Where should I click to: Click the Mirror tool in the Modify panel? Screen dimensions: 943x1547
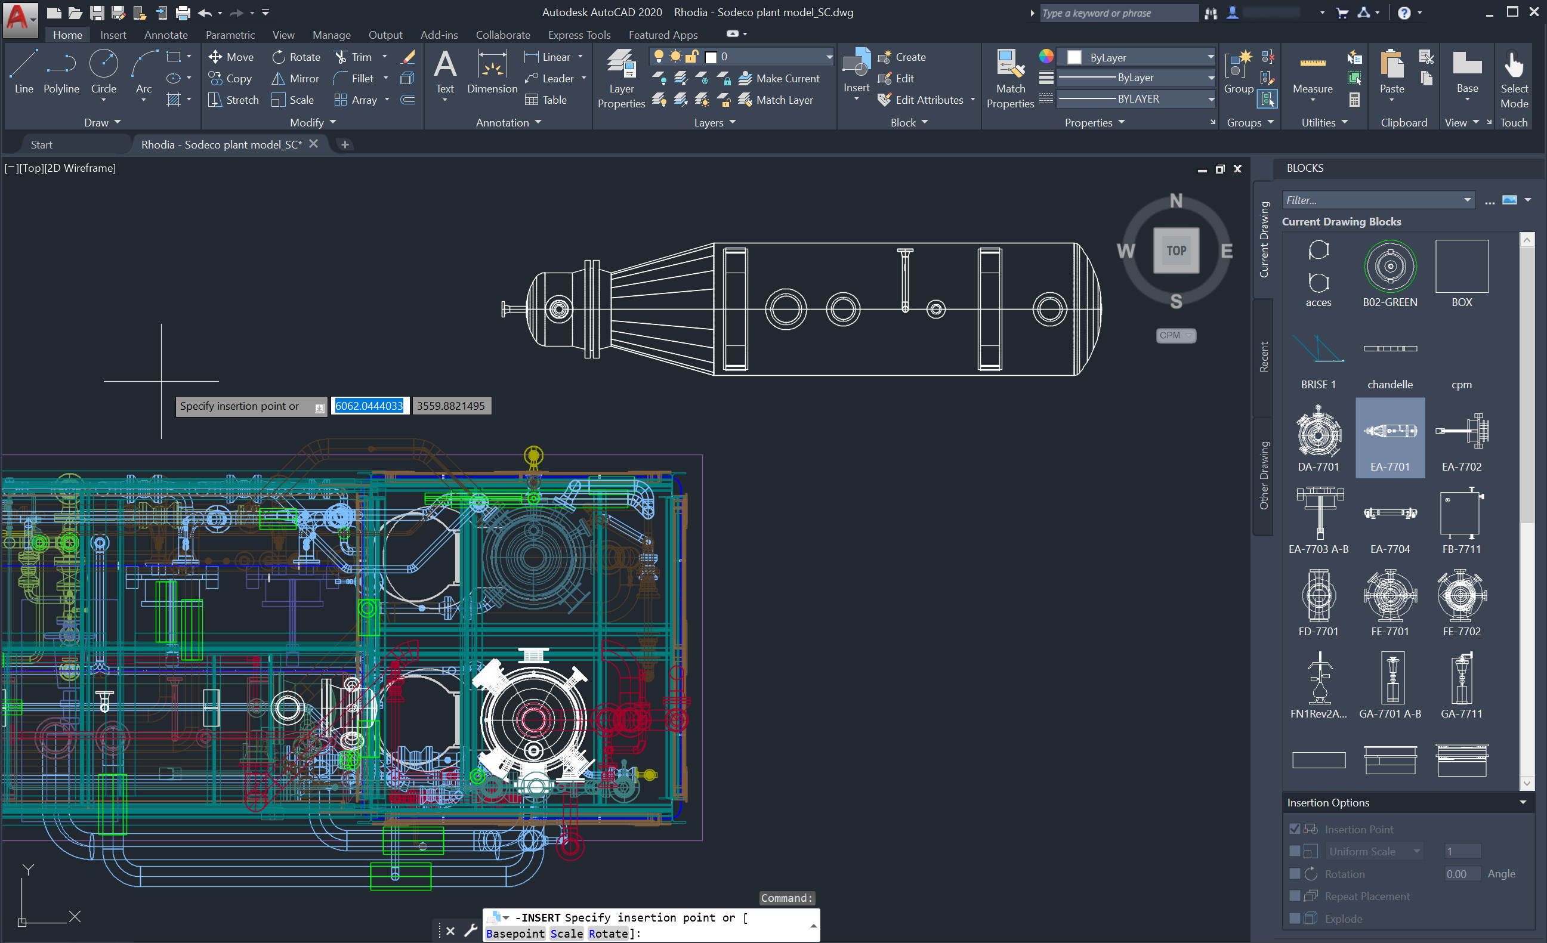click(295, 79)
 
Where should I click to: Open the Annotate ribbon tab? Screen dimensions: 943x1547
click(166, 35)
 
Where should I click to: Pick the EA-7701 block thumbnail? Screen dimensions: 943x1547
click(1389, 432)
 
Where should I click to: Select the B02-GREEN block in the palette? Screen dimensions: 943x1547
click(1389, 267)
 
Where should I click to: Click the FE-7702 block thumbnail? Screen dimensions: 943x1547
click(1461, 596)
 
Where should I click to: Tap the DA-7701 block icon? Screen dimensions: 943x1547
click(1318, 432)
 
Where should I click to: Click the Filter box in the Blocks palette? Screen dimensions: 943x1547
click(1371, 200)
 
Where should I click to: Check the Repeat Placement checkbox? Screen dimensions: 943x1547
click(1294, 896)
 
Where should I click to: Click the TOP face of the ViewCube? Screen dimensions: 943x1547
click(1176, 251)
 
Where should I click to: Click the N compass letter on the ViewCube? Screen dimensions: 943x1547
click(1176, 201)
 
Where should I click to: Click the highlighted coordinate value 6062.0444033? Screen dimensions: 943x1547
click(369, 406)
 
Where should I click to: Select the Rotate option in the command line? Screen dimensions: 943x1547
click(607, 933)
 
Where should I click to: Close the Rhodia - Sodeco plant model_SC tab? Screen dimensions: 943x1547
click(313, 144)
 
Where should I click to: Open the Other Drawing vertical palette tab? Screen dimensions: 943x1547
click(1263, 475)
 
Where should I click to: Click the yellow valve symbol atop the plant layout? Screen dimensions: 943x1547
click(533, 456)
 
